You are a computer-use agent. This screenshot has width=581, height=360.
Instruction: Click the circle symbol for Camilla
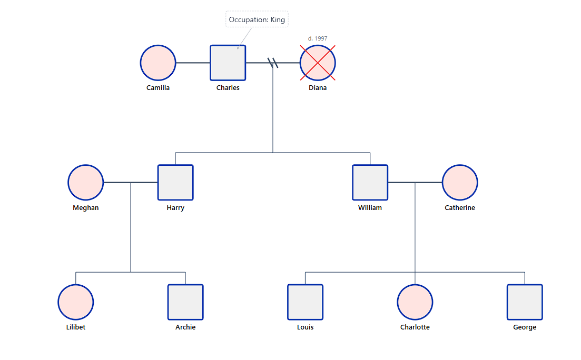click(158, 63)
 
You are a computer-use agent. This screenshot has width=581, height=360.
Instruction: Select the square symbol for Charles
click(228, 63)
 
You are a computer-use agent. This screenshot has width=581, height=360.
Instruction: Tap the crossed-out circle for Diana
click(318, 63)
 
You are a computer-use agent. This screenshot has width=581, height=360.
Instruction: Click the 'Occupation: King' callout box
click(257, 19)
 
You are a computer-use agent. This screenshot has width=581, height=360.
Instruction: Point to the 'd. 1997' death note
click(318, 38)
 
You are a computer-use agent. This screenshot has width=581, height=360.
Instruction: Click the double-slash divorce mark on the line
click(273, 63)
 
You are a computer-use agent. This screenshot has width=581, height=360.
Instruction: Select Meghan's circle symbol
click(86, 183)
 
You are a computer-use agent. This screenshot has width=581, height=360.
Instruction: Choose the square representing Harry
click(175, 183)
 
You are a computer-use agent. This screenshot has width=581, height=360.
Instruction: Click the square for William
click(370, 183)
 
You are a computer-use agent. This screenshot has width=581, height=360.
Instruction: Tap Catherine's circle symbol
click(460, 183)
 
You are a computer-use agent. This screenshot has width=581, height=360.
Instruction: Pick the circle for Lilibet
click(76, 302)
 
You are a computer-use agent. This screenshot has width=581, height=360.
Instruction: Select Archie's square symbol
click(185, 302)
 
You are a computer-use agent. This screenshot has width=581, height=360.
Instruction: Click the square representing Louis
click(305, 302)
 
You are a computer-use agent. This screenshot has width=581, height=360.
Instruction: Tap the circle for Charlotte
click(415, 302)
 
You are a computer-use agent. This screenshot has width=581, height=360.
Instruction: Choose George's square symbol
click(525, 302)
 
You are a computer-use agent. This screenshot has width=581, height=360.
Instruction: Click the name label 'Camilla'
click(158, 88)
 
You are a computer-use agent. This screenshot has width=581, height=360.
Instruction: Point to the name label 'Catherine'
click(460, 208)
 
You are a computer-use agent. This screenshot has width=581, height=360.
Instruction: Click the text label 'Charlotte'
click(415, 327)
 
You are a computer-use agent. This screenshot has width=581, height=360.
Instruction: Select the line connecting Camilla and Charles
click(193, 63)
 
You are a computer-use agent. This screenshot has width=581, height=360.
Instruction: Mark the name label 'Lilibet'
click(76, 327)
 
